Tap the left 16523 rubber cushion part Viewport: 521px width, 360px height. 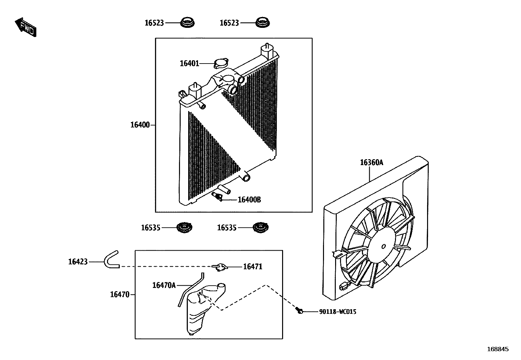coord(188,23)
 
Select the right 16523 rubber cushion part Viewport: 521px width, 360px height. coord(262,23)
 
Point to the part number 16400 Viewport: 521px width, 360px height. coord(140,125)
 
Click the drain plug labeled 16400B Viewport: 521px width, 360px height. coord(217,196)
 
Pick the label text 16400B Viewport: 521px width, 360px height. coord(249,199)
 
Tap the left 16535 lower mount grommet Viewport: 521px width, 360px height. coord(185,227)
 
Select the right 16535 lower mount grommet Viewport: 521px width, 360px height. coord(261,227)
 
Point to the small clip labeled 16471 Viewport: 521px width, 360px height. coord(220,267)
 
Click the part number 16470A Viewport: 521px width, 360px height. coord(164,285)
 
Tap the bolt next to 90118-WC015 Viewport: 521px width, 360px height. coord(299,311)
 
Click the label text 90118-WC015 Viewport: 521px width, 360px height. coord(338,312)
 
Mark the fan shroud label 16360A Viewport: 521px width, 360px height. coord(371,162)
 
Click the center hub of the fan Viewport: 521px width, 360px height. coord(384,246)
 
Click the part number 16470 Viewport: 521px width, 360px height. coord(120,294)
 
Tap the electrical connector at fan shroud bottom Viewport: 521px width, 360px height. coord(345,287)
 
